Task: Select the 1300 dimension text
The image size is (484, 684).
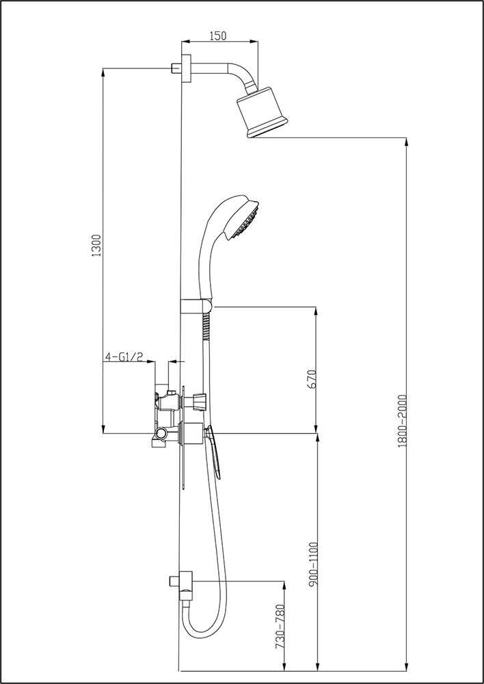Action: (x=96, y=246)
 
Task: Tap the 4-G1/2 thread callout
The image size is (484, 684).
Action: (x=124, y=356)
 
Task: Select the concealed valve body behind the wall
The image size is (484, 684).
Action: (x=165, y=417)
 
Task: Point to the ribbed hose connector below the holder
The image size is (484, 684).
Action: (x=205, y=328)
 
